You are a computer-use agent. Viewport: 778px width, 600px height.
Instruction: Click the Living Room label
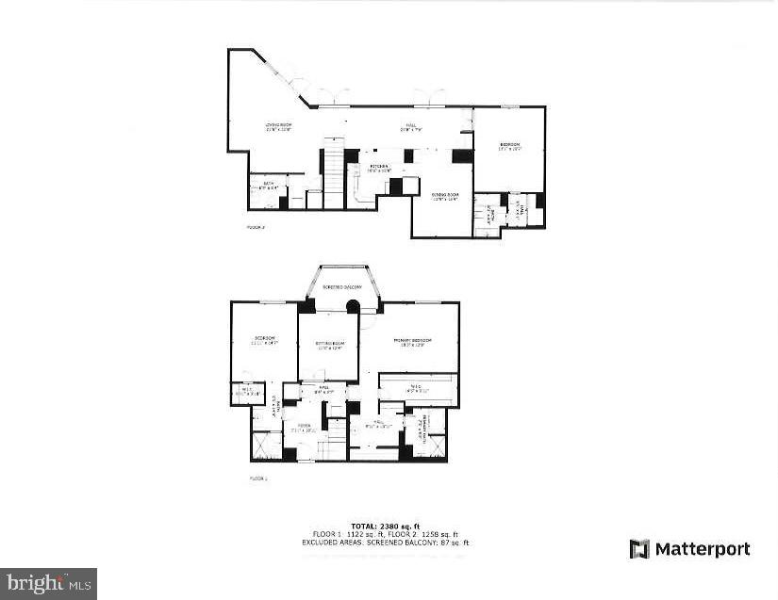276,126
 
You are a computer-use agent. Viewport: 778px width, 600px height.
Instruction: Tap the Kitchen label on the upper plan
378,167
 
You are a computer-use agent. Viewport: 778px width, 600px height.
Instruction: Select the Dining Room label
444,195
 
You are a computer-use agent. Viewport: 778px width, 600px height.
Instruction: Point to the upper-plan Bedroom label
509,145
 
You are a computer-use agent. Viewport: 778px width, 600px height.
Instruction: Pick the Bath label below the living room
269,185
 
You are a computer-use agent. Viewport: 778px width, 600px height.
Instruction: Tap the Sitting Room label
329,345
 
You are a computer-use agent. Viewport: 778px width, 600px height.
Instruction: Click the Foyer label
305,427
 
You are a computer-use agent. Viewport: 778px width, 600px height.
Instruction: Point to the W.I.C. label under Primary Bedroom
418,386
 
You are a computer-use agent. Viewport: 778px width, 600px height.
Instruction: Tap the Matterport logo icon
639,548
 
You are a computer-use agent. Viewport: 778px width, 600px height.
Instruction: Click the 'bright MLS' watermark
48,583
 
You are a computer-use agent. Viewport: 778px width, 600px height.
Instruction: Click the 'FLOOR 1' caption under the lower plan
258,478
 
